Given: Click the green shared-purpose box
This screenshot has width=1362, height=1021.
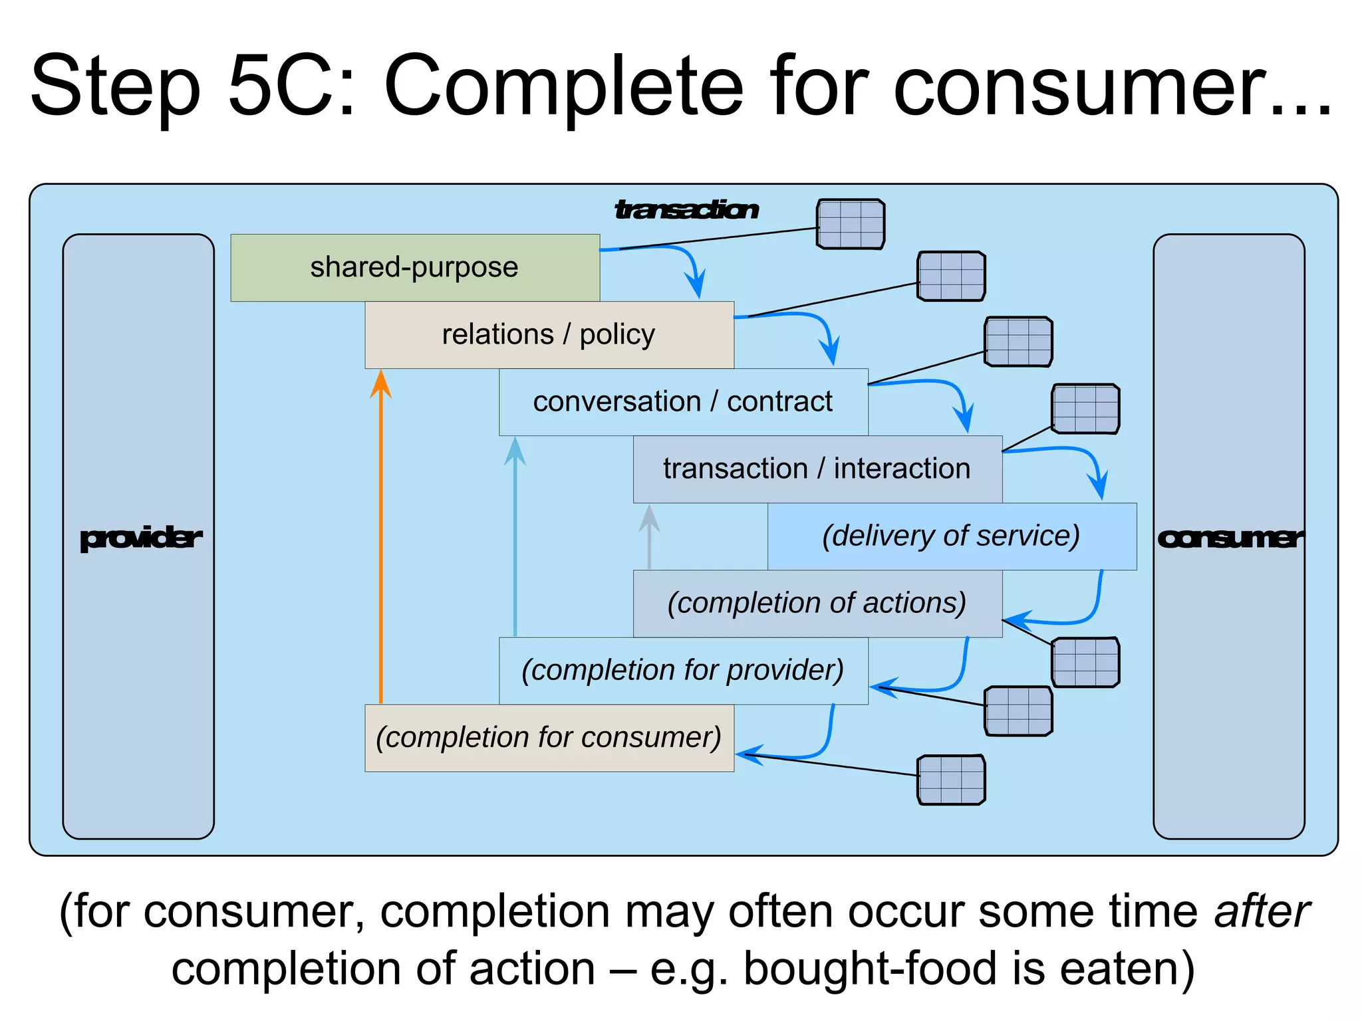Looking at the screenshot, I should coord(415,267).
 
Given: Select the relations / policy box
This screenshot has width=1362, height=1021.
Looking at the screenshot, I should coord(549,334).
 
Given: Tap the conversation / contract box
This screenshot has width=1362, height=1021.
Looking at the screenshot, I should coord(683,401).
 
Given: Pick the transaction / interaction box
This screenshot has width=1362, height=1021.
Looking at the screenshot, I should coord(817,469).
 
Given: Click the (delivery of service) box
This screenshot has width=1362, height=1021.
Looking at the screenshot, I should coord(952,536).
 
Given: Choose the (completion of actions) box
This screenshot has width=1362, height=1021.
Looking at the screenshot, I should coord(817,603).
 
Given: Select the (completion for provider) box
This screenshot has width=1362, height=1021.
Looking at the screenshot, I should coord(683,670).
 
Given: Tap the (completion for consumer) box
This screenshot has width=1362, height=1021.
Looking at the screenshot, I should coord(549,738).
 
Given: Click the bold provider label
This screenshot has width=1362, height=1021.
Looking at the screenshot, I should coord(140,538).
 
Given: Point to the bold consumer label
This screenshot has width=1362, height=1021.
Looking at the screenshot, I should coord(1229,538).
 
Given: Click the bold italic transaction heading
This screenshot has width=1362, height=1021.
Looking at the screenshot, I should coord(686,210).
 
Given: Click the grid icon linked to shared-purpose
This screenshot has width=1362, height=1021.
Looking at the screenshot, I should coord(851,224).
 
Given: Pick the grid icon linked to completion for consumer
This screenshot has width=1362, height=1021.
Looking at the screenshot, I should coord(951,780).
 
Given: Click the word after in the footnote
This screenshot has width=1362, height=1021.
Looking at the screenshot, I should coord(1262,911).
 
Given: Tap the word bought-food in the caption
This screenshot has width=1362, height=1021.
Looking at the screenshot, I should coord(869,968).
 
